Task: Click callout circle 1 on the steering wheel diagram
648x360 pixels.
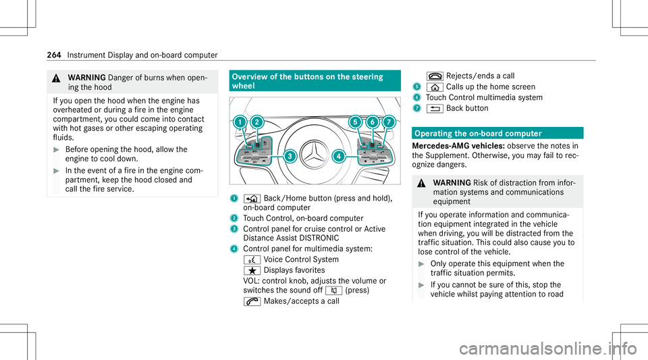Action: click(x=240, y=122)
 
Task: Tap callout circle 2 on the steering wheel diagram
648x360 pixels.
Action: click(x=257, y=122)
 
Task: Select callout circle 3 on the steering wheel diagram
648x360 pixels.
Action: click(x=290, y=156)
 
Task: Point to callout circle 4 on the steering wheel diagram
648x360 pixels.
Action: click(x=339, y=156)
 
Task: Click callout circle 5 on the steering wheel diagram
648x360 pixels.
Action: click(x=355, y=122)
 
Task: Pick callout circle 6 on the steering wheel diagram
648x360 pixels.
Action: click(x=373, y=122)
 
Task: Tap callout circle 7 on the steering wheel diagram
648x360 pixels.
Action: click(x=389, y=122)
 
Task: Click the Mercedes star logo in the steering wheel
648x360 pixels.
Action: click(x=315, y=155)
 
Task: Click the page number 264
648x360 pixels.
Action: click(x=54, y=55)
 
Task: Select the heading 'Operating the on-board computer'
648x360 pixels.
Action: click(x=478, y=134)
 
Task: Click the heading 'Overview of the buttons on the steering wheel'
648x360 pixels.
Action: click(x=308, y=81)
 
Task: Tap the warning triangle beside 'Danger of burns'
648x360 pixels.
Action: click(x=57, y=78)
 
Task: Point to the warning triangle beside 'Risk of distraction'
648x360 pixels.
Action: click(x=421, y=183)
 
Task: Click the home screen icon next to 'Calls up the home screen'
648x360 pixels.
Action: click(x=435, y=87)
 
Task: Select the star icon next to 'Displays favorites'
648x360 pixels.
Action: click(x=252, y=271)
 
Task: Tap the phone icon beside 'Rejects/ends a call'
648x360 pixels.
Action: click(x=435, y=76)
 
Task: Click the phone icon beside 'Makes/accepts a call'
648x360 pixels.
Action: click(x=252, y=302)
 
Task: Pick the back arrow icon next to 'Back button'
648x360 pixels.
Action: click(x=435, y=109)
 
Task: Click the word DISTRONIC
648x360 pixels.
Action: click(x=319, y=238)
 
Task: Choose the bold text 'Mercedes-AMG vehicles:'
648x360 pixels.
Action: click(x=458, y=146)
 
